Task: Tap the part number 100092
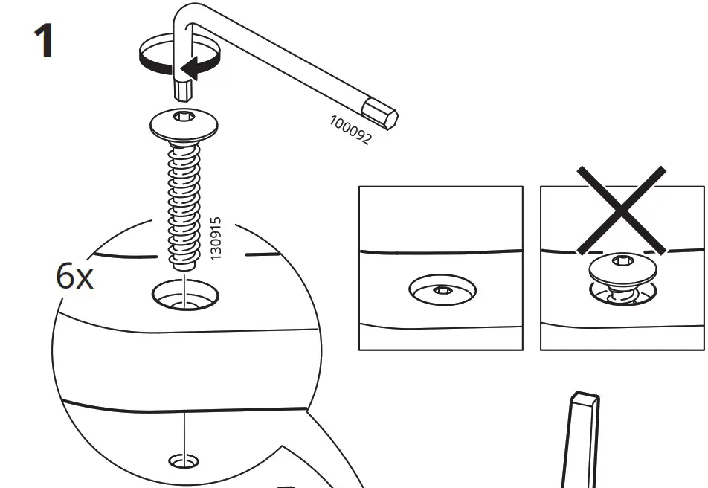pyautogui.click(x=350, y=129)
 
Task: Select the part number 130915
pyautogui.click(x=216, y=238)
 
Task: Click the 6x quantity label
pyautogui.click(x=74, y=277)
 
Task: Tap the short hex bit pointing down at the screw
pyautogui.click(x=182, y=91)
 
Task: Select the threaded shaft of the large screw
pyautogui.click(x=184, y=201)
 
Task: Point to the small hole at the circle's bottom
pyautogui.click(x=183, y=461)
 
